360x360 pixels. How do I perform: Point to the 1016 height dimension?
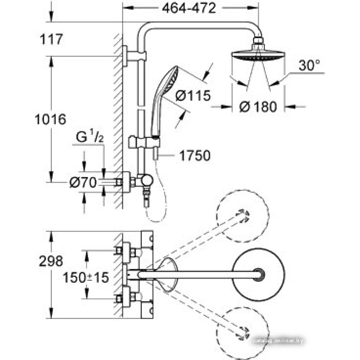coord(51,119)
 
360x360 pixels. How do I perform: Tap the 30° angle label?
coord(309,66)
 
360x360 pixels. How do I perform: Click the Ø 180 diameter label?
coord(258,107)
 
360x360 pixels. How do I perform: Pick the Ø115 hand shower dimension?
coord(193,96)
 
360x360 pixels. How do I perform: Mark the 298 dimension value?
coord(51,261)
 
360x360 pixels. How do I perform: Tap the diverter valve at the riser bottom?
coord(145,181)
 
